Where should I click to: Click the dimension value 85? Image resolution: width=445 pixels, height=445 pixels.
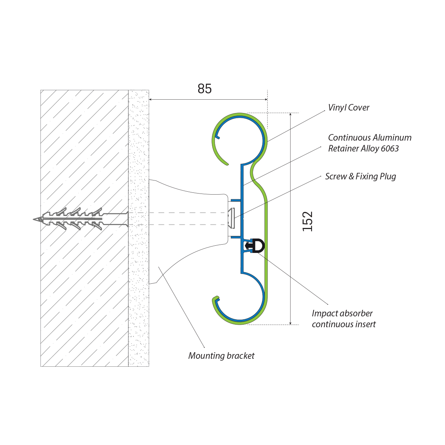tap(204, 89)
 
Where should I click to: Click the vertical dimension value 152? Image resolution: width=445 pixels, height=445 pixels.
tap(307, 221)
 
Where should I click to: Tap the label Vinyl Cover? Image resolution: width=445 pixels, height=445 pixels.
tap(349, 108)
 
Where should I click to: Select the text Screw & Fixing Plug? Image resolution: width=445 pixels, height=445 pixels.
tap(361, 176)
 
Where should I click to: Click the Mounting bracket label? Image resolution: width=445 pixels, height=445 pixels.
tap(221, 356)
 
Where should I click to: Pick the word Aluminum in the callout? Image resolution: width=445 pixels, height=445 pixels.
tap(392, 138)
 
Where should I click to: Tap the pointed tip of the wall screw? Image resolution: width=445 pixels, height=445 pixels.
tap(34, 219)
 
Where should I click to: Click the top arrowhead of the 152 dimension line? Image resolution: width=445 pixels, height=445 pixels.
tap(290, 114)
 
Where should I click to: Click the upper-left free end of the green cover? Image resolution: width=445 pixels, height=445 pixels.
tap(227, 164)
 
